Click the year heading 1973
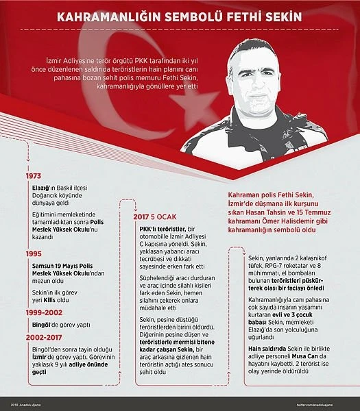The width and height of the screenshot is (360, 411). [32, 176]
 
